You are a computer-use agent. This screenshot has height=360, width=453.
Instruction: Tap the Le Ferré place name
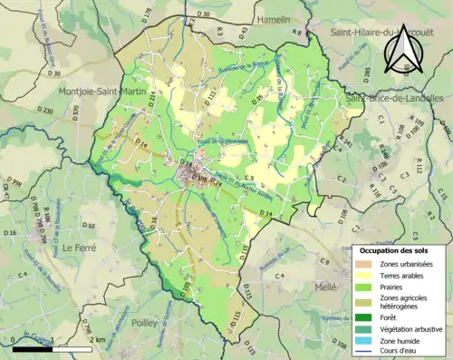pyautogui.click(x=80, y=247)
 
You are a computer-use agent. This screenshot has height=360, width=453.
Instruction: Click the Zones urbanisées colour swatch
pyautogui.click(x=364, y=264)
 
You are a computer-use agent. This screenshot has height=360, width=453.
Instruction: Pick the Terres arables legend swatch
pyautogui.click(x=364, y=277)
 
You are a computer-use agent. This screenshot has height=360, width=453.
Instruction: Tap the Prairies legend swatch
pyautogui.click(x=364, y=289)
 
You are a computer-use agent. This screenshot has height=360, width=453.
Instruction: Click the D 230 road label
pyautogui.click(x=49, y=109)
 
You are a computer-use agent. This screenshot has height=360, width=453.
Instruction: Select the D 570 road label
pyautogui.click(x=75, y=113)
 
